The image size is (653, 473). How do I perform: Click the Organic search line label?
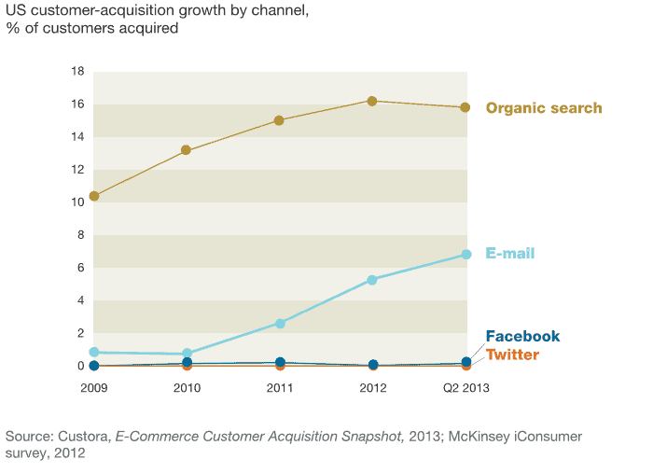click(x=544, y=108)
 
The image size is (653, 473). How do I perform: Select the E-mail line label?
click(x=510, y=254)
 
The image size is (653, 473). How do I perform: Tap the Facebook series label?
click(x=522, y=336)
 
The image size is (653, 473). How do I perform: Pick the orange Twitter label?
click(x=512, y=355)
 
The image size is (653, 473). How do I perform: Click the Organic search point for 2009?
click(x=94, y=196)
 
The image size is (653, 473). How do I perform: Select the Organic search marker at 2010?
click(x=187, y=150)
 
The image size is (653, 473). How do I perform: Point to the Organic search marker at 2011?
click(x=279, y=120)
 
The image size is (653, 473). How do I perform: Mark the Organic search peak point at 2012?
click(x=372, y=101)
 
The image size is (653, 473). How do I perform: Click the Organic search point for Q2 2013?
click(x=465, y=107)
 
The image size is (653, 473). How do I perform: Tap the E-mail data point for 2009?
click(x=94, y=352)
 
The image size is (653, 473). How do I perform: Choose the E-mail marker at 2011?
click(x=279, y=323)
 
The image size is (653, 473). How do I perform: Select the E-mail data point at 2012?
click(x=372, y=280)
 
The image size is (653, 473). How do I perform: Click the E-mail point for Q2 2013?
click(x=465, y=254)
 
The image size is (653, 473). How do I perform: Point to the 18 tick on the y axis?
click(x=78, y=72)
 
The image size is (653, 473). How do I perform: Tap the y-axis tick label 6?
click(x=81, y=268)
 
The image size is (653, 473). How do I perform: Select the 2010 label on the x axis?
click(x=187, y=386)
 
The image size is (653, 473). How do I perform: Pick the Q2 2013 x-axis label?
click(x=465, y=386)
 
